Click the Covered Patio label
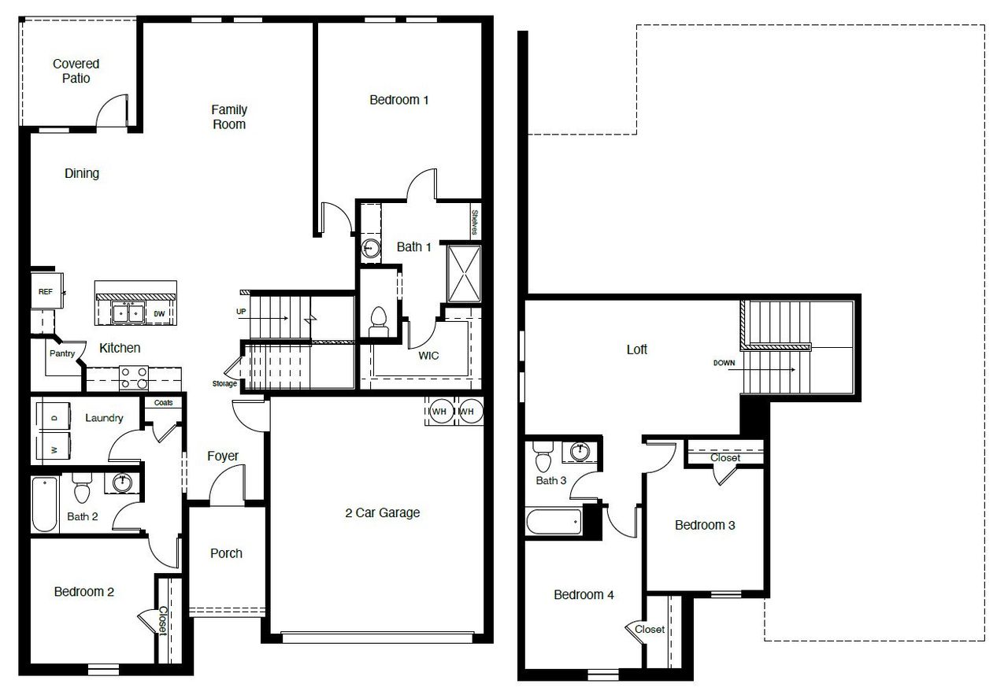click(76, 71)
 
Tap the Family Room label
click(229, 116)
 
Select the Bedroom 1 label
click(399, 100)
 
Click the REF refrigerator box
click(46, 292)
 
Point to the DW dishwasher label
click(160, 313)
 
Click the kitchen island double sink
click(128, 312)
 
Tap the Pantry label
click(62, 353)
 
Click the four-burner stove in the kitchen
click(133, 379)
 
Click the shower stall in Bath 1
click(464, 273)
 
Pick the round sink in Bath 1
click(370, 250)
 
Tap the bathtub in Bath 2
click(45, 504)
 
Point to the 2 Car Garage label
click(383, 512)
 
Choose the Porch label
click(226, 553)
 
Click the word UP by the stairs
click(241, 312)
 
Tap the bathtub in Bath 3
click(554, 522)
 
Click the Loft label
click(636, 349)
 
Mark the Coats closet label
click(164, 402)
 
